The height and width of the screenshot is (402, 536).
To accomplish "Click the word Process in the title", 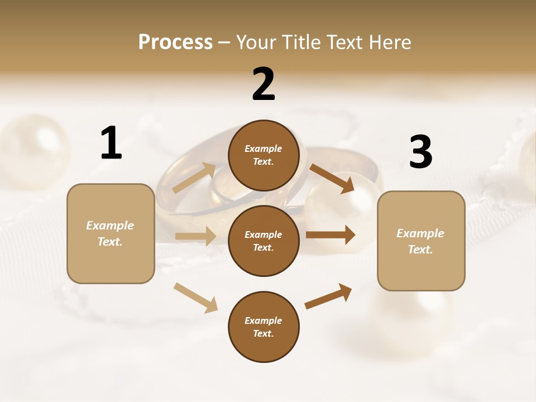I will click(175, 42).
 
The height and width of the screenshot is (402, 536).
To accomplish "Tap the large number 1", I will click(111, 143).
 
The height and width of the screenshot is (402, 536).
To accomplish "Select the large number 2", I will click(264, 84).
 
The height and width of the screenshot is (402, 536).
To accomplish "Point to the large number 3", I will click(420, 152).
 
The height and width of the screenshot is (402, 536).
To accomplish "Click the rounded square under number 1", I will click(111, 233).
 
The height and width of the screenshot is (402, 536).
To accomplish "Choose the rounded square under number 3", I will click(421, 241).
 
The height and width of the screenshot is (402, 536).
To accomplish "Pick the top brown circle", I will click(264, 155).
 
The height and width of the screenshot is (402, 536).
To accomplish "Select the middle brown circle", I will click(264, 241).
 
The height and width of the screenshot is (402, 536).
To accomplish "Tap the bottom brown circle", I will click(264, 327).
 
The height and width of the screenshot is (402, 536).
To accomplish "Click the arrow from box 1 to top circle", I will click(194, 178).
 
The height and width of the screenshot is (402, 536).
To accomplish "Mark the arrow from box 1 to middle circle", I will click(195, 236).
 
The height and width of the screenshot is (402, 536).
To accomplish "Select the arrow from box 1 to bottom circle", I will click(195, 298).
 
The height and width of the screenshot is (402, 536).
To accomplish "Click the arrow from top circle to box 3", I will click(332, 179).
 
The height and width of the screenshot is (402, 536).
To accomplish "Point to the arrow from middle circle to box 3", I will click(330, 235).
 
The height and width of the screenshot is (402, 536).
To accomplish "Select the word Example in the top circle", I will click(264, 149).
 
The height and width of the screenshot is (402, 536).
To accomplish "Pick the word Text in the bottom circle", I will click(262, 333).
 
